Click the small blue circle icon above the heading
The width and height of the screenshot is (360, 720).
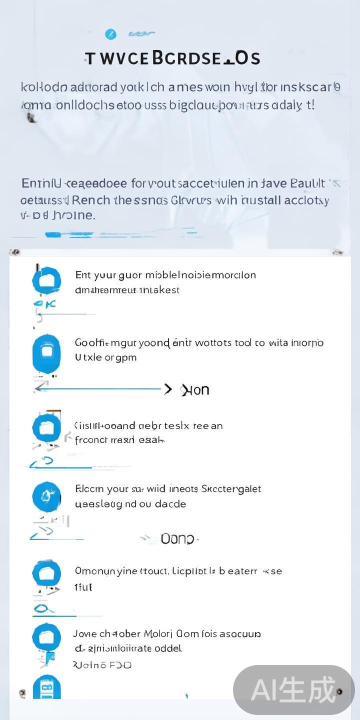[x=110, y=34]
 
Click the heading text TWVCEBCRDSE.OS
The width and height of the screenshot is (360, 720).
[x=172, y=58]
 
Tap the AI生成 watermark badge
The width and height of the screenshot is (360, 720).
[x=293, y=690]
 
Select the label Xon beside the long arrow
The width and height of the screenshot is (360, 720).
[x=195, y=390]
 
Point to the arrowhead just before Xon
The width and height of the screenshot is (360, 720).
[x=168, y=389]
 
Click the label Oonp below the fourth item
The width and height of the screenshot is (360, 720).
[x=177, y=539]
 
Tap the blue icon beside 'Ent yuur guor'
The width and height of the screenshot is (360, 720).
[x=46, y=280]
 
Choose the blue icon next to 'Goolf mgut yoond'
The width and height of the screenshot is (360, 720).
[x=46, y=352]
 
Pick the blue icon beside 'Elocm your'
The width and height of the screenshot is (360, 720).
[x=46, y=496]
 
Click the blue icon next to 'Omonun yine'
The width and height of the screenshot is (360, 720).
[x=46, y=573]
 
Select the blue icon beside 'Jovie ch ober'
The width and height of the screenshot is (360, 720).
[x=46, y=637]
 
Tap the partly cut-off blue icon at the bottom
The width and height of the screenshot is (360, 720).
[x=46, y=687]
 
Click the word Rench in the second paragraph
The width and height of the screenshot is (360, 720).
[x=91, y=200]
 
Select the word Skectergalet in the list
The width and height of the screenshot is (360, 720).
[x=231, y=489]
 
